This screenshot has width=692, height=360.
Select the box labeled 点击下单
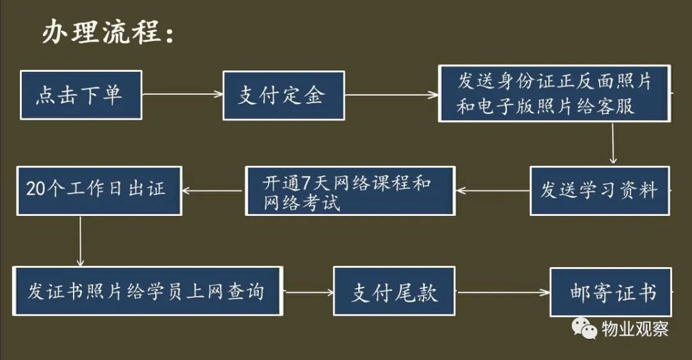coord(81,95)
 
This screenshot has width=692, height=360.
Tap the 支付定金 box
coord(283,95)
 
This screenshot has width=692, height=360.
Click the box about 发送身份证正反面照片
coord(554,94)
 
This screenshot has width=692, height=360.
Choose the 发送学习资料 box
coord(599,190)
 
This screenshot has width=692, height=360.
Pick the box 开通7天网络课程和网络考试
coord(350,190)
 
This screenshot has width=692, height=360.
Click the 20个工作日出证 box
coord(99,190)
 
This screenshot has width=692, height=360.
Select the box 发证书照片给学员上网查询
coord(148,291)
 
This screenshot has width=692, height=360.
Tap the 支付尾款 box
coord(394,291)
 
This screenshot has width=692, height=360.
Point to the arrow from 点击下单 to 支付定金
coord(182,94)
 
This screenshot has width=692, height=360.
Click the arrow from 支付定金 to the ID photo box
coord(391,95)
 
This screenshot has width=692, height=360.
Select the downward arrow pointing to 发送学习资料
coord(613,143)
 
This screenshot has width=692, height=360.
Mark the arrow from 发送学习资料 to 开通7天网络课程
coord(492,190)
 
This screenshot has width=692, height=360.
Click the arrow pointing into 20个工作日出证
coord(213,190)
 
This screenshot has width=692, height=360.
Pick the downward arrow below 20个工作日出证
coord(80,241)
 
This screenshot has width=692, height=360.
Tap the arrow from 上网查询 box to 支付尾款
coord(308,292)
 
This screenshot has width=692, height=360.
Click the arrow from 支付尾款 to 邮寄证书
coord(502,293)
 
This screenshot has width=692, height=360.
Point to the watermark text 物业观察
coord(634,329)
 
